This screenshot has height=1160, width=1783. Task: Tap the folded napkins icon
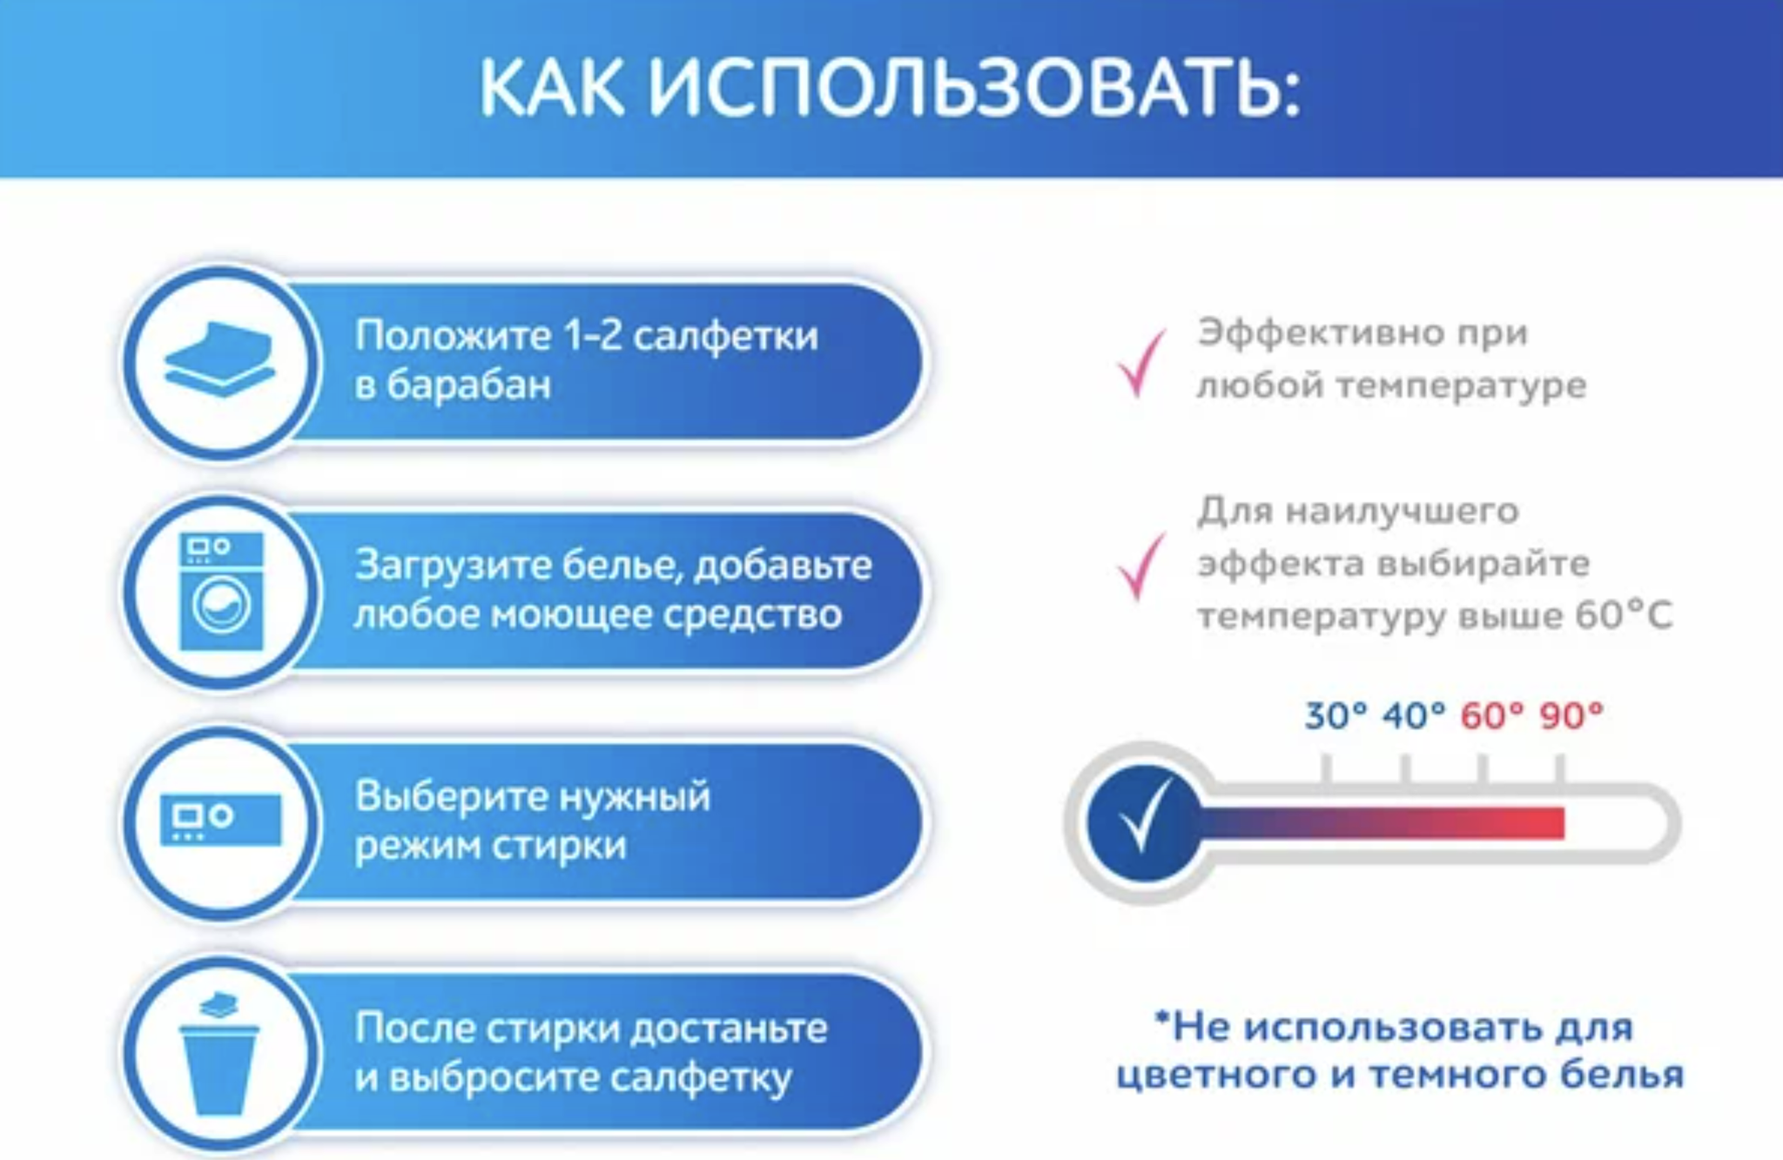pos(219,359)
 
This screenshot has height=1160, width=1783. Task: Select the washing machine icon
pos(221,591)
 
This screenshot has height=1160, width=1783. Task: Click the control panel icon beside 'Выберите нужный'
pos(221,819)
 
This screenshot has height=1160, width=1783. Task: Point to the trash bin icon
pos(219,1054)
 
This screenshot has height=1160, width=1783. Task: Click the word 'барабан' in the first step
pos(468,385)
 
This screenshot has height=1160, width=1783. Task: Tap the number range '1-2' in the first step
pos(593,335)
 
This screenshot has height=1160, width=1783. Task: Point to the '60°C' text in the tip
pos(1624,615)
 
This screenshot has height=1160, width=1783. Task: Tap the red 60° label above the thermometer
pos(1492,716)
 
